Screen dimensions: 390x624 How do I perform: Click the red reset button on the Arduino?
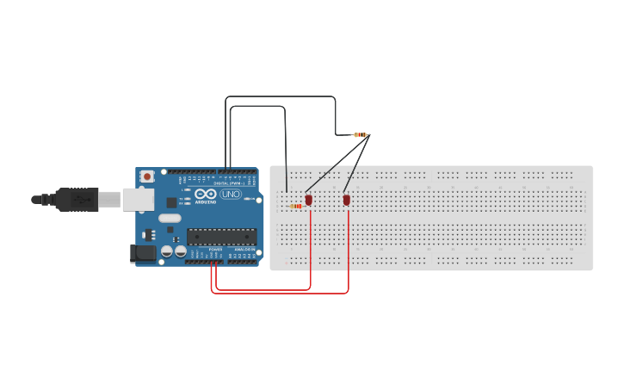tap(147, 176)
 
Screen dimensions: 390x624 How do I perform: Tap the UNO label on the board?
tap(231, 195)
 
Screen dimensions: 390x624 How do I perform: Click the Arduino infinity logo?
tap(206, 195)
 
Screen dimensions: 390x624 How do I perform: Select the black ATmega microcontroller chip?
tap(221, 237)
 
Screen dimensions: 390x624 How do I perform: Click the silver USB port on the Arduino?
tap(138, 200)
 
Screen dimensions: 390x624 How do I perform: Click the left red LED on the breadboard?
tap(309, 200)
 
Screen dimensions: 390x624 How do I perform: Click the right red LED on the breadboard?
tap(347, 200)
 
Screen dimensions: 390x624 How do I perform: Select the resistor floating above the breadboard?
tap(361, 134)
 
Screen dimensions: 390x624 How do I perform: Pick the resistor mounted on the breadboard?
tap(296, 206)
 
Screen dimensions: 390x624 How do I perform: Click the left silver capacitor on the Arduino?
tap(168, 251)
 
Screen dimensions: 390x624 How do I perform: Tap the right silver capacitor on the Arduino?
tap(181, 251)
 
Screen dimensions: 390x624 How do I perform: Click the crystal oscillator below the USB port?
tap(170, 218)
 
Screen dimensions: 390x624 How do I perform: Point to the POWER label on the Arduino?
tap(214, 250)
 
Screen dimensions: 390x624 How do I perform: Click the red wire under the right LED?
tap(348, 250)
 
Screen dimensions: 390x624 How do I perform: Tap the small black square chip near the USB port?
tap(171, 202)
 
